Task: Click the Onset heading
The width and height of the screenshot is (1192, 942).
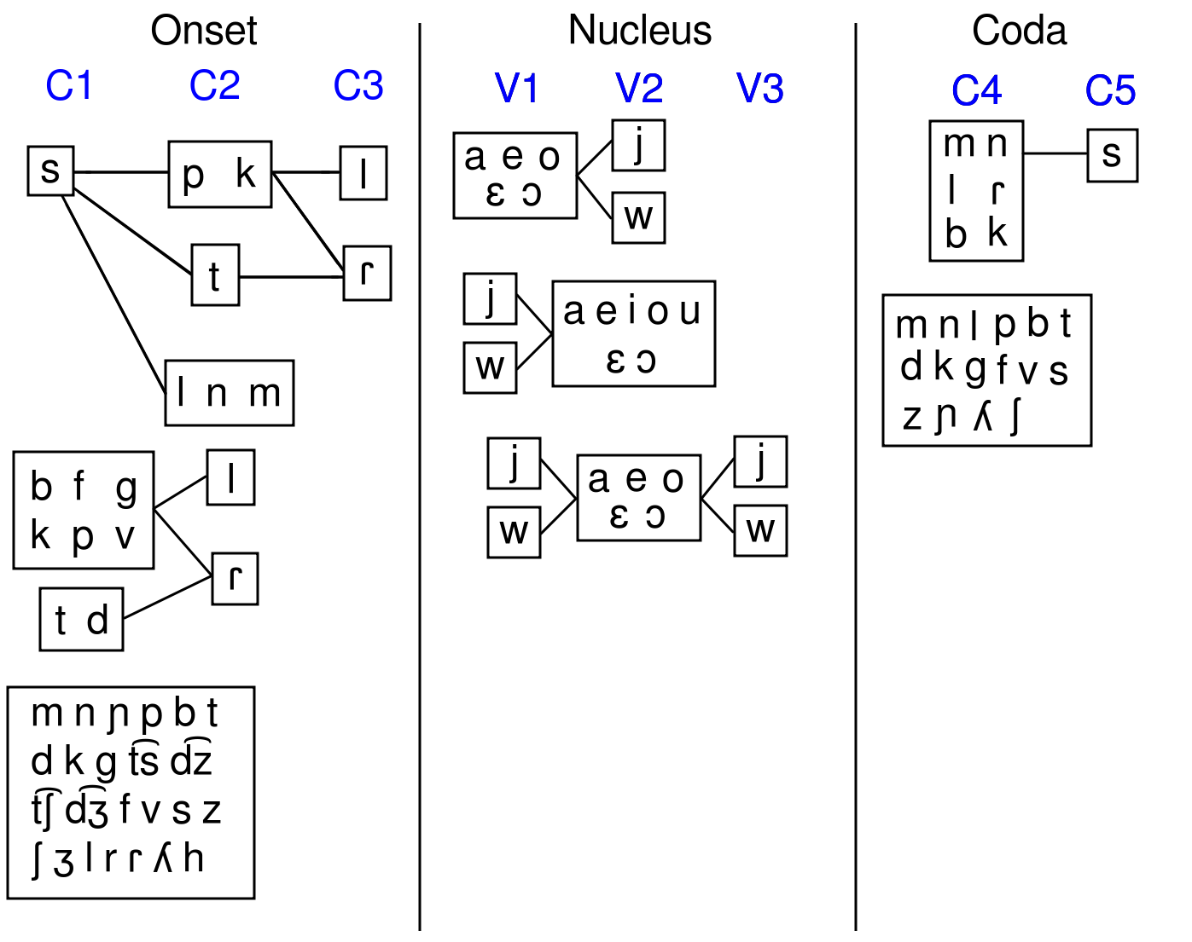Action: (x=203, y=32)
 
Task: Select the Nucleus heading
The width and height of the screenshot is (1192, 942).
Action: (x=639, y=32)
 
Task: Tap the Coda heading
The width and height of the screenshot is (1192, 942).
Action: (x=1019, y=32)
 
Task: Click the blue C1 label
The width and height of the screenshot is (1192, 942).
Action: (x=68, y=86)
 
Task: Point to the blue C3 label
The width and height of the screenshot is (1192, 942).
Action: (x=358, y=86)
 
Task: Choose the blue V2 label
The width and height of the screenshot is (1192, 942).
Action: (x=639, y=89)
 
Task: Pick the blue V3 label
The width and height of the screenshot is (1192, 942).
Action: (x=759, y=89)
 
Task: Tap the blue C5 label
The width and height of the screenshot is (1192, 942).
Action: (x=1110, y=91)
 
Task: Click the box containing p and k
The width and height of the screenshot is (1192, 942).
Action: (x=220, y=175)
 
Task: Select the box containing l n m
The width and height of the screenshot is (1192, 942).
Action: (x=229, y=393)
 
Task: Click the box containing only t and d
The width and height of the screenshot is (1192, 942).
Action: (x=82, y=620)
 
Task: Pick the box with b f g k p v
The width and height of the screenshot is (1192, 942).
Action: (x=84, y=511)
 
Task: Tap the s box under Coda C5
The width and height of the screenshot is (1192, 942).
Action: (x=1112, y=155)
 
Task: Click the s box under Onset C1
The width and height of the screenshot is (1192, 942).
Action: (x=50, y=170)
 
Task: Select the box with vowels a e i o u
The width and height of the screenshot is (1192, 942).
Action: (x=633, y=333)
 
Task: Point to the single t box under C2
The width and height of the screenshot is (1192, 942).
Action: (x=215, y=275)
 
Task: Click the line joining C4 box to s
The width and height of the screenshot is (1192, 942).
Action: (x=1055, y=153)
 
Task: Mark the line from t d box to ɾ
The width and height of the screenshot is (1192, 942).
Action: (x=166, y=598)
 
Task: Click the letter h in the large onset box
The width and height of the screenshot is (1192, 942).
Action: (x=195, y=859)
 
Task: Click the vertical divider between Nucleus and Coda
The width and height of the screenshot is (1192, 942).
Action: (x=856, y=477)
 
